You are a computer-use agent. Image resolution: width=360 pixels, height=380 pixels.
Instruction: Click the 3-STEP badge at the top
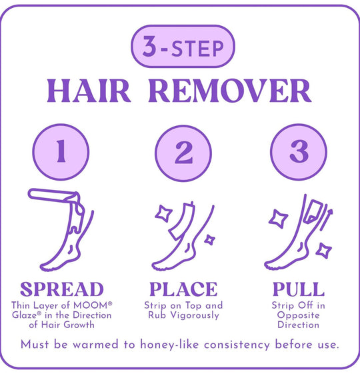pos(183,46)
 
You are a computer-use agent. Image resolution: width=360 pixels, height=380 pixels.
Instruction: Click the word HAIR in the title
pos(89,91)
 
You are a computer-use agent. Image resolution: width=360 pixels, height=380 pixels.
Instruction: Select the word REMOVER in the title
pos(230,91)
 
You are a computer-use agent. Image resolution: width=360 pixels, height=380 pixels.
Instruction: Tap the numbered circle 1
pos(61,152)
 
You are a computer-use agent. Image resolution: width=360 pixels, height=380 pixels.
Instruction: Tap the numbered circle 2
pos(183,153)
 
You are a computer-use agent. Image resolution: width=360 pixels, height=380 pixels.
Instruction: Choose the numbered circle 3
pos(299,152)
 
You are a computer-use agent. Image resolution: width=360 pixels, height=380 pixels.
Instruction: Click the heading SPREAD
pos(62,289)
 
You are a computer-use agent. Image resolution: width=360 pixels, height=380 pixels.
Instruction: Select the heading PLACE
pos(183,289)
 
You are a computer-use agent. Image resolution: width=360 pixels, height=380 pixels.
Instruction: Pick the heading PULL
pos(299,289)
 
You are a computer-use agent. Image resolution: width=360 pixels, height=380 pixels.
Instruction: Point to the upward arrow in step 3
pos(326,219)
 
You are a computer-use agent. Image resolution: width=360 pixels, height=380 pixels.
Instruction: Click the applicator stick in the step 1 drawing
pos(52,195)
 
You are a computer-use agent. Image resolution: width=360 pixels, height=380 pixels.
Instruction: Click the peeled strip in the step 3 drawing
pos(313,211)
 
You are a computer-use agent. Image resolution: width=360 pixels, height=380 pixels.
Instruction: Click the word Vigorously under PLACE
pos(195,315)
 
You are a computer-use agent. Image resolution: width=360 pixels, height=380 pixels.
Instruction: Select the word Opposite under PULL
pos(298,315)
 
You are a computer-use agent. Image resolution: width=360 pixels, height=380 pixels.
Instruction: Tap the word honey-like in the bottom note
pos(169,345)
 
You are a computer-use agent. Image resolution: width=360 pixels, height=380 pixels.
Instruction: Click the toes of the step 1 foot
pos(45,268)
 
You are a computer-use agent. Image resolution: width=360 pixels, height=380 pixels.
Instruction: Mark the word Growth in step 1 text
pos(79,325)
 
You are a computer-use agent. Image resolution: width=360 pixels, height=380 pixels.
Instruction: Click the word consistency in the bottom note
pos(237,345)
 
